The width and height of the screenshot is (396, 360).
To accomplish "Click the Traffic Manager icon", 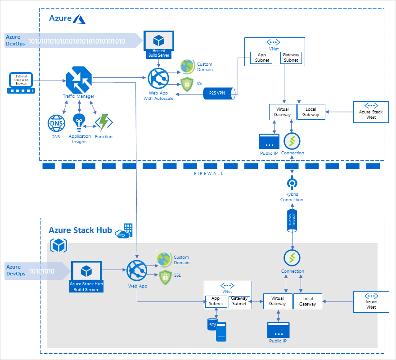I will pyautogui.click(x=79, y=80).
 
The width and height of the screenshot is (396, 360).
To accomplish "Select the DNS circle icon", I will pyautogui.click(x=56, y=123).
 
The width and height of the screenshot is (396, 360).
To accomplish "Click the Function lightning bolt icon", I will pyautogui.click(x=103, y=123).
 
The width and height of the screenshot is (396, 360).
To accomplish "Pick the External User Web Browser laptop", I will pyautogui.click(x=21, y=83).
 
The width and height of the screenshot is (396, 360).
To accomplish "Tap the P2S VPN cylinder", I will pyautogui.click(x=220, y=93).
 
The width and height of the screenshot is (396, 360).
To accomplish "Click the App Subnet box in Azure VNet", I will pyautogui.click(x=261, y=58).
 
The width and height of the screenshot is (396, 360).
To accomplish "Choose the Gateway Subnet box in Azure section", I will pyautogui.click(x=291, y=58).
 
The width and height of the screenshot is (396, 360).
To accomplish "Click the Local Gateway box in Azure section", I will pyautogui.click(x=310, y=112).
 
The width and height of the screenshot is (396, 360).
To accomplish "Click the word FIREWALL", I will pyautogui.click(x=209, y=173).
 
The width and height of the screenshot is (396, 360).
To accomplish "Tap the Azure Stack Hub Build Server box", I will pyautogui.click(x=86, y=276).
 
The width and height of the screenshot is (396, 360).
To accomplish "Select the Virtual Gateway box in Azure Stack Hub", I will pyautogui.click(x=277, y=301).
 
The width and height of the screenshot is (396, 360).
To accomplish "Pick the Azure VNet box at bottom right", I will pyautogui.click(x=371, y=301).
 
